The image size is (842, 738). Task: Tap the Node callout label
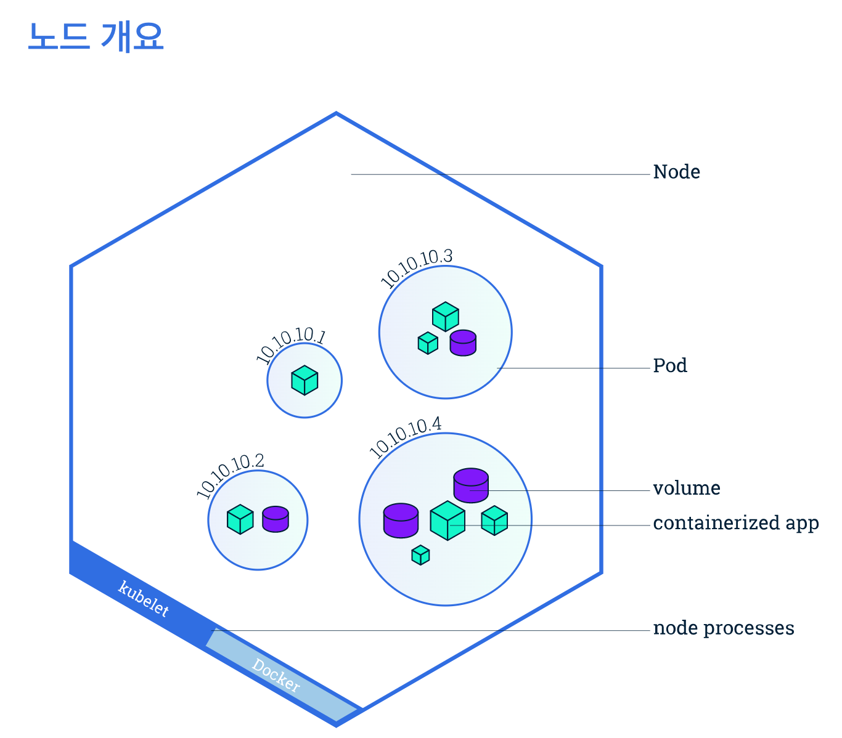pyautogui.click(x=676, y=172)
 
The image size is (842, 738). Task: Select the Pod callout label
pyautogui.click(x=670, y=365)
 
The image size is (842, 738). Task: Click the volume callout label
pyautogui.click(x=687, y=488)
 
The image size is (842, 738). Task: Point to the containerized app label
pyautogui.click(x=735, y=523)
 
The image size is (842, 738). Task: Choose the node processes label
pyautogui.click(x=724, y=628)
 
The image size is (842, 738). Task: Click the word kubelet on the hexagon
pyautogui.click(x=144, y=598)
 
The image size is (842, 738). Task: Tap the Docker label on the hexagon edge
pyautogui.click(x=276, y=675)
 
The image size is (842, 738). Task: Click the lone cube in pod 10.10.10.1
pyautogui.click(x=305, y=380)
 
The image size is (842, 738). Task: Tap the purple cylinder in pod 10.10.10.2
pyautogui.click(x=276, y=519)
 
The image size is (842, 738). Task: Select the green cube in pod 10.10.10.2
pyautogui.click(x=240, y=519)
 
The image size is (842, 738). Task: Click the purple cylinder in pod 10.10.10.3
pyautogui.click(x=463, y=343)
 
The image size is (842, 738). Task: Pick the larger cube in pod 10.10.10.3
pyautogui.click(x=446, y=317)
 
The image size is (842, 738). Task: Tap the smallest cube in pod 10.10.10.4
pyautogui.click(x=420, y=555)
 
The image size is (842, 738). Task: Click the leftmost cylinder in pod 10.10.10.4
pyautogui.click(x=401, y=521)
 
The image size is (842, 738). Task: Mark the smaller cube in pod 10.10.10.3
pyautogui.click(x=428, y=343)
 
